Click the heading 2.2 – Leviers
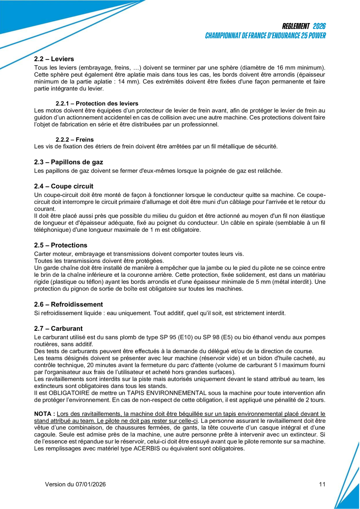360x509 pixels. tap(54, 59)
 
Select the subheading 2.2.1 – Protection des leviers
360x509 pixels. tap(97, 103)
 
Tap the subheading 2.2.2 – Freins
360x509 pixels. tap(74, 139)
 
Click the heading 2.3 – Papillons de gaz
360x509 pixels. tap(69, 162)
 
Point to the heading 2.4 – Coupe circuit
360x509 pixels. tap(64, 186)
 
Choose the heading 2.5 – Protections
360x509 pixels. tap(61, 245)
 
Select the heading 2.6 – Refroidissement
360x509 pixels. tap(69, 305)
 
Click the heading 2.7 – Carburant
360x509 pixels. tap(58, 329)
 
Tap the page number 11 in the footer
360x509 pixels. tap(322, 484)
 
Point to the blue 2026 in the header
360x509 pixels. tap(319, 26)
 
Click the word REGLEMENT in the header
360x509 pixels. tap(296, 26)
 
